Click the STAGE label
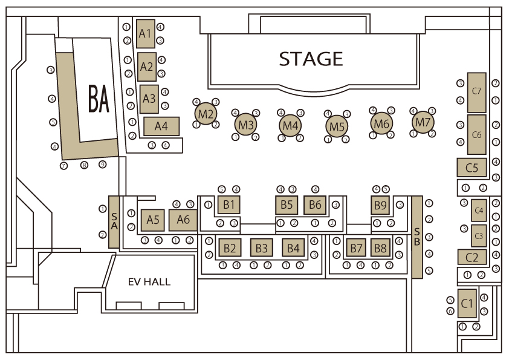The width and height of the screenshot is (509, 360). (311, 59)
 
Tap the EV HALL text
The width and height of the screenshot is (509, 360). (149, 282)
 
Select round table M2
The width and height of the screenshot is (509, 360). (206, 114)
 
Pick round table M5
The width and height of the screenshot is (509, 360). (337, 126)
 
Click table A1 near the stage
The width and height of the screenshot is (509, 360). (144, 34)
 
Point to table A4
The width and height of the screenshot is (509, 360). (161, 126)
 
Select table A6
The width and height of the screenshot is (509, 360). (183, 220)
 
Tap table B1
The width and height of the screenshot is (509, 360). (229, 205)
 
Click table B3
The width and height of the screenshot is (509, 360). (261, 247)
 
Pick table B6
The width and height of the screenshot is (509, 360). (315, 205)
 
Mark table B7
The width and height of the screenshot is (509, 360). (357, 247)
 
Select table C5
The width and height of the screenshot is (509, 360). (472, 167)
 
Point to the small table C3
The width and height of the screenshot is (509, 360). (479, 233)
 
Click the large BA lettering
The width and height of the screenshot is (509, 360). (99, 99)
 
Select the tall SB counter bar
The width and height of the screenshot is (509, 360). (417, 237)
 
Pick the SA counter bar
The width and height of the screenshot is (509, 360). (114, 221)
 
